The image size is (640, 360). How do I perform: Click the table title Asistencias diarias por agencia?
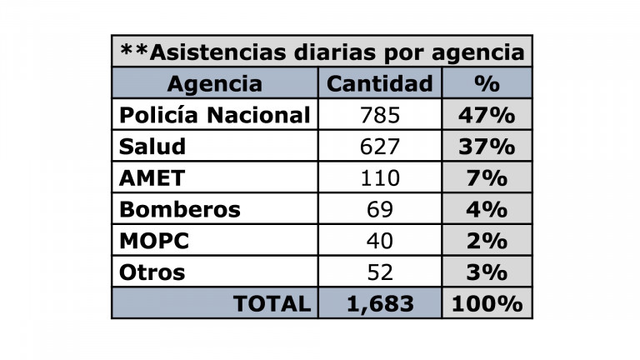point(322,52)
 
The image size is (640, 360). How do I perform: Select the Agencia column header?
point(214,83)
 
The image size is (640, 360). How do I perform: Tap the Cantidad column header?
point(379,83)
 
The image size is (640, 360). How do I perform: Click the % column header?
point(487,83)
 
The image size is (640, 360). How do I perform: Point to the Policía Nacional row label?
point(215,114)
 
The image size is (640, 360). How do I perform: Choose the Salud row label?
point(152,146)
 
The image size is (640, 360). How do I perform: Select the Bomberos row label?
point(179,209)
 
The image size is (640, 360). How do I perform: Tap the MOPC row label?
point(154,241)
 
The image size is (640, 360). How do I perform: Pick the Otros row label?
point(152,272)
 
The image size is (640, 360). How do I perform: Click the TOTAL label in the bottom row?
point(272,304)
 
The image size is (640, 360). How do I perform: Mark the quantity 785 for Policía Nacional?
point(379,114)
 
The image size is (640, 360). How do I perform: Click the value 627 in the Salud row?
point(379,146)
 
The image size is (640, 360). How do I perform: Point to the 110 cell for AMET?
point(379,177)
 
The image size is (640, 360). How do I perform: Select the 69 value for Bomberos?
point(379,209)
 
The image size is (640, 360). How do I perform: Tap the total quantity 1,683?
point(379,304)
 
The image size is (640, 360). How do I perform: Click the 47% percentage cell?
point(487,114)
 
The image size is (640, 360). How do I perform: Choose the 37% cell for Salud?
point(487,146)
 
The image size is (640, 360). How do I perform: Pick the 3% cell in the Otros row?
point(487,272)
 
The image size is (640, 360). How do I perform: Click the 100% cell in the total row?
point(487,304)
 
